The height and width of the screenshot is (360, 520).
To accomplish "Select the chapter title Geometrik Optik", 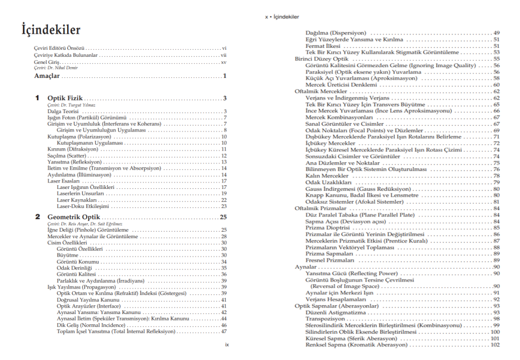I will (75, 217).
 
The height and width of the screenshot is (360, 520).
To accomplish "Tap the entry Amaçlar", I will (46, 76).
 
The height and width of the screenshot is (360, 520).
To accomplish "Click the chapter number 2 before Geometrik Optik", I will (37, 217).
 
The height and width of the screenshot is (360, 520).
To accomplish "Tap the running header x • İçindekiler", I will (282, 17).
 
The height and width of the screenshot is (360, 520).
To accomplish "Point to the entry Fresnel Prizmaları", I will (330, 260).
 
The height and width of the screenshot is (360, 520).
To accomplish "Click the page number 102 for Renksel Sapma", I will (495, 345).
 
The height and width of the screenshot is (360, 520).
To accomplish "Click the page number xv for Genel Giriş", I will (223, 62).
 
